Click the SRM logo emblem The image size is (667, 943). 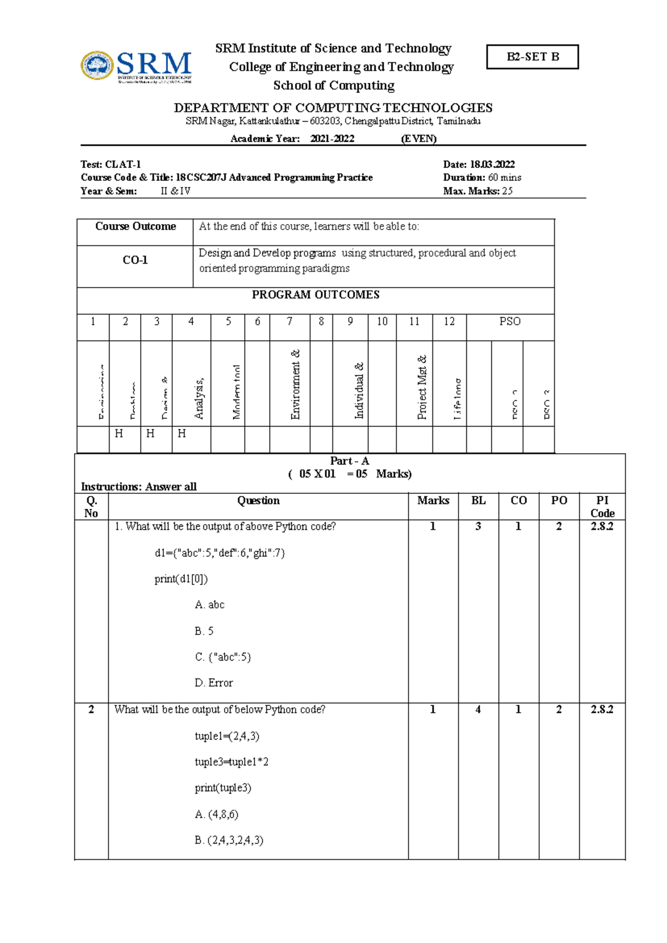pyautogui.click(x=97, y=66)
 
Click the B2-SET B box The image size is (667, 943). pyautogui.click(x=532, y=57)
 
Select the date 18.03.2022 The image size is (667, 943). pyautogui.click(x=492, y=165)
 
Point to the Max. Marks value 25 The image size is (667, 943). pyautogui.click(x=507, y=191)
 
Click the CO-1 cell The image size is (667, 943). pyautogui.click(x=135, y=260)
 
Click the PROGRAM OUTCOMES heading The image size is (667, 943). pyautogui.click(x=315, y=295)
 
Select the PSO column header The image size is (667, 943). pyautogui.click(x=509, y=321)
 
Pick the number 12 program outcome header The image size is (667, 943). pyautogui.click(x=449, y=321)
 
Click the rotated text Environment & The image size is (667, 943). pyautogui.click(x=296, y=384)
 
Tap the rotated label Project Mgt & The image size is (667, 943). pyautogui.click(x=422, y=387)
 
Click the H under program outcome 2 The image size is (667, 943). pyautogui.click(x=119, y=434)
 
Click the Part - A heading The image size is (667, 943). pyautogui.click(x=349, y=461)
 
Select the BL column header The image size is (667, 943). pyautogui.click(x=478, y=500)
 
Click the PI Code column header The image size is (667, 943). pyautogui.click(x=602, y=507)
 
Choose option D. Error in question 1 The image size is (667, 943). pyautogui.click(x=213, y=683)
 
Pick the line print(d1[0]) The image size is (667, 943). pyautogui.click(x=181, y=579)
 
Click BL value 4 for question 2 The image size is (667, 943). pyautogui.click(x=477, y=709)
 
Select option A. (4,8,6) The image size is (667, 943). pyautogui.click(x=216, y=815)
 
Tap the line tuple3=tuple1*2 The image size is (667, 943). pyautogui.click(x=231, y=762)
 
